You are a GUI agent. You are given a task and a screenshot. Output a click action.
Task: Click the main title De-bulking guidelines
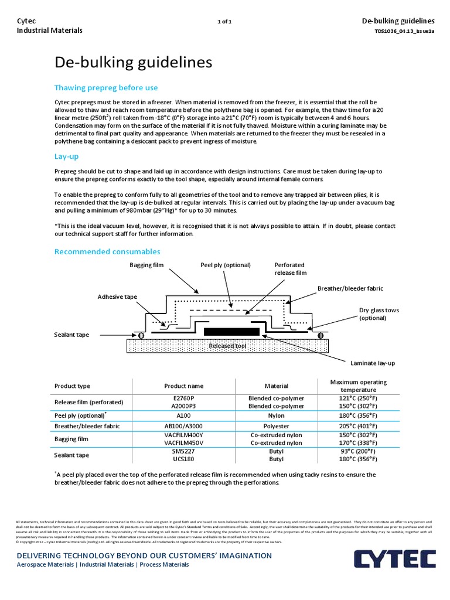coord(133,63)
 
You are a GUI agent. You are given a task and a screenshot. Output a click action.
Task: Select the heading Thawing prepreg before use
coord(106,88)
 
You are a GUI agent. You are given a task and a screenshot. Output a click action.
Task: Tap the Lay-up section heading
coord(66,156)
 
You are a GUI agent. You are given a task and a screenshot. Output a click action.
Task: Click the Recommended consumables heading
coord(107,251)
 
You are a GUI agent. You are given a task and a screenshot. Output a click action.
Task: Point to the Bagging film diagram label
coord(147,265)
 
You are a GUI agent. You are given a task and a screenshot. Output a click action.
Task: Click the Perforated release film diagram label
coord(290,269)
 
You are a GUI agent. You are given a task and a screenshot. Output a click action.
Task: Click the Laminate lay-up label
coord(372,363)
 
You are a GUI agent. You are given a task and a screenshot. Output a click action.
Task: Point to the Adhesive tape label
coord(117,297)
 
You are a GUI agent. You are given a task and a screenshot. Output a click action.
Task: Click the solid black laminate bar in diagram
coord(231,332)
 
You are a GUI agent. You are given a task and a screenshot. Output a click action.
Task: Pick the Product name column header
coord(183,386)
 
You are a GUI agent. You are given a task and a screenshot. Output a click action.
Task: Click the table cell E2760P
coord(183,398)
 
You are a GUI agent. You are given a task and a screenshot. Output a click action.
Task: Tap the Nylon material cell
coord(276,415)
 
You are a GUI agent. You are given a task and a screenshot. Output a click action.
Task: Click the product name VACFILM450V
coord(183,444)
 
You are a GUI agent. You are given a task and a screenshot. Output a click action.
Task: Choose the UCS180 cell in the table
coord(183,459)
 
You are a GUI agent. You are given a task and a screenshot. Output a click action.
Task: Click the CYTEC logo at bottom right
coord(394,558)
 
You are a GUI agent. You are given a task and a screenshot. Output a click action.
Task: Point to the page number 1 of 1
coord(224,22)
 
